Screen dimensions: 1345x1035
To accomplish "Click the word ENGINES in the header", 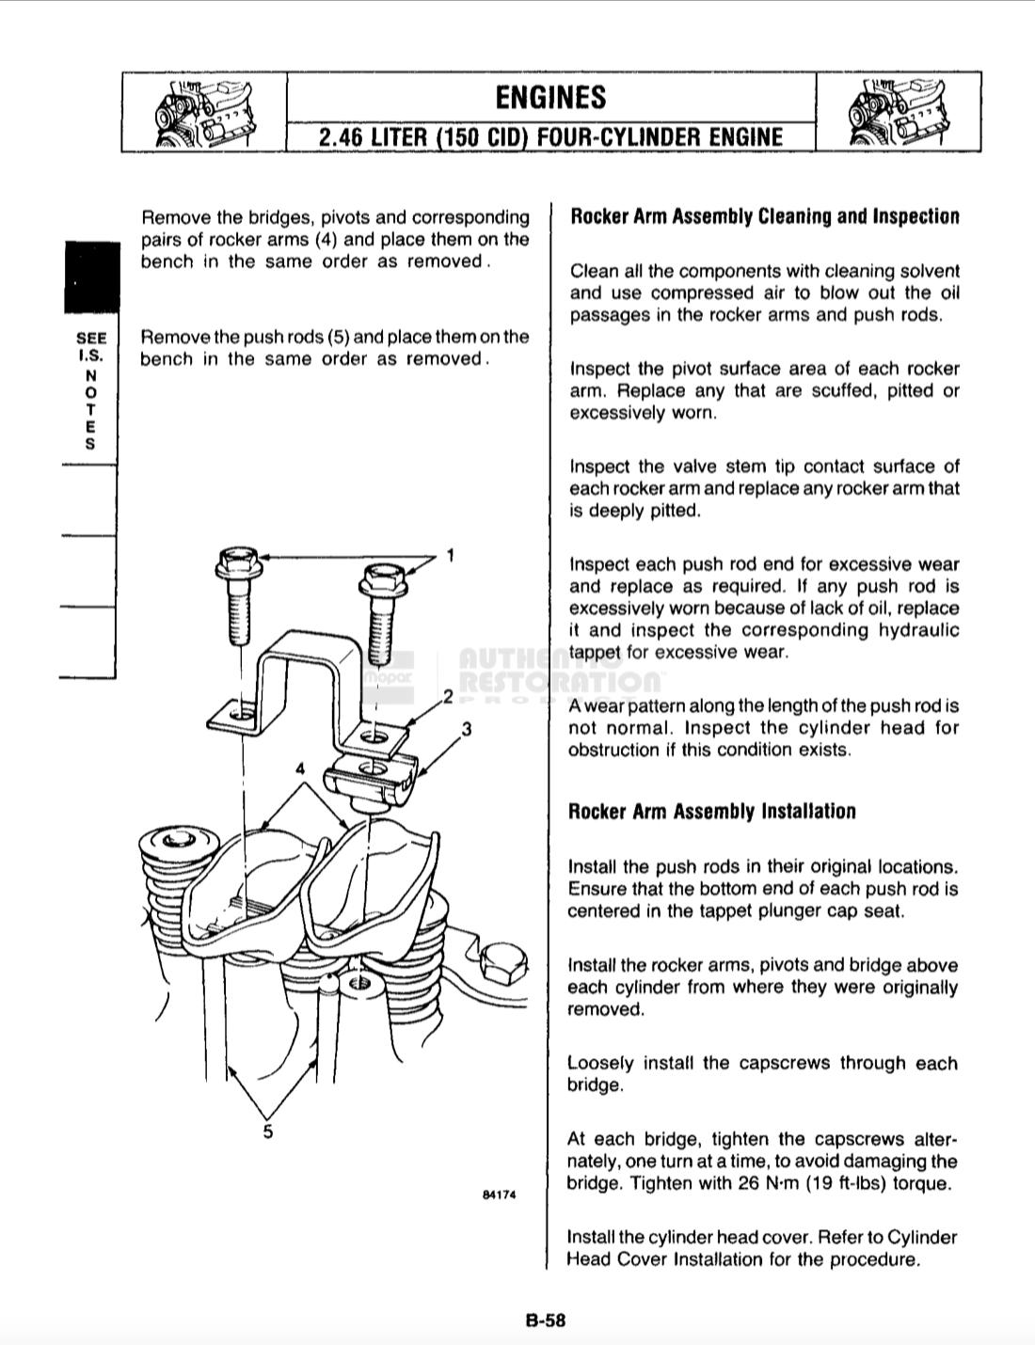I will click(x=550, y=98).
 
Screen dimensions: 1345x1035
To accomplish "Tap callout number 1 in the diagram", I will click(x=451, y=555).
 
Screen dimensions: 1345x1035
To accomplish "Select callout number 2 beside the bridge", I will click(x=449, y=697).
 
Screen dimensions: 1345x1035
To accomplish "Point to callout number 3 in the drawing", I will click(x=466, y=729).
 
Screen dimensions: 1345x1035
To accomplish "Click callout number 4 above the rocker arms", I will click(x=300, y=768).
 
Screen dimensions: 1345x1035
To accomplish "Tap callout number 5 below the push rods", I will click(x=268, y=1131).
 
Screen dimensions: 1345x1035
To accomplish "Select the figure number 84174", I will click(x=499, y=1195).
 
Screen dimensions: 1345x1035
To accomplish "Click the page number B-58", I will click(x=546, y=1320).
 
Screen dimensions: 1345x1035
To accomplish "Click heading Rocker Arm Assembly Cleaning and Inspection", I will click(x=765, y=217).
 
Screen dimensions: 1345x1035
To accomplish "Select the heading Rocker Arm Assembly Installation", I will click(x=712, y=812).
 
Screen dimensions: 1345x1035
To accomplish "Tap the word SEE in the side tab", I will click(x=91, y=338).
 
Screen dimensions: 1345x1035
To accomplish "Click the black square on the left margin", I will click(x=91, y=277).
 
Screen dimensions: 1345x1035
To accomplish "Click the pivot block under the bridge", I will click(x=370, y=781).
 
